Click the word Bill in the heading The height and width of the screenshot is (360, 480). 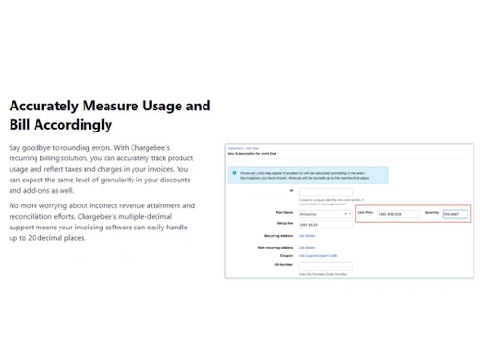[x=20, y=125]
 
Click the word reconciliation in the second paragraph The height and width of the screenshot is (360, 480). [x=42, y=216]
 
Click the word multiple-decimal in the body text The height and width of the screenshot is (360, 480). [x=158, y=216]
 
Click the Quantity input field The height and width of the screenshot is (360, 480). [x=455, y=214]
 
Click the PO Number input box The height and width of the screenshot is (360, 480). [x=325, y=266]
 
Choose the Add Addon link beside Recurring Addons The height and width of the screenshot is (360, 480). [x=306, y=235]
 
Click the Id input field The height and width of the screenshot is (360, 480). [x=325, y=191]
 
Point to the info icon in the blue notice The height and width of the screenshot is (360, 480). [x=233, y=174]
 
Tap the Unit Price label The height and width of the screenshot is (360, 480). [x=365, y=213]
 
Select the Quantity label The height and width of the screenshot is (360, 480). [x=431, y=213]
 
